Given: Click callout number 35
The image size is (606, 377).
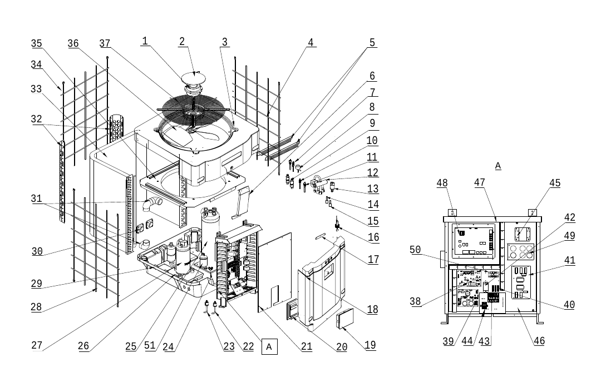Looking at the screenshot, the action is point(36,43).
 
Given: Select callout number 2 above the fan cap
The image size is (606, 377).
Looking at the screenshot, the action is point(182,42).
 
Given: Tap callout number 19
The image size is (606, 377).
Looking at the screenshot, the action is point(370,345).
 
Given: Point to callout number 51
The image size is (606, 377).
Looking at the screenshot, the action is point(150,345).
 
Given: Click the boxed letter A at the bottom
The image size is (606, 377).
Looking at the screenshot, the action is point(269,346).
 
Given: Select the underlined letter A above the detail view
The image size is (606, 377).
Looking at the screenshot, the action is point(498,166).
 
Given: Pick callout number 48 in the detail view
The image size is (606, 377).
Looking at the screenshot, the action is point(442,183).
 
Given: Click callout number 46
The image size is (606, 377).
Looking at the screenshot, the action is point(539,341).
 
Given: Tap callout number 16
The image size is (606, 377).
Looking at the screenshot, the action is point(373,237).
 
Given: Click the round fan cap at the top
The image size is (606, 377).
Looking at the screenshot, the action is point(194,77).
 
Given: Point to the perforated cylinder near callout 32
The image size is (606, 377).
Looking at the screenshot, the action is point(116,127).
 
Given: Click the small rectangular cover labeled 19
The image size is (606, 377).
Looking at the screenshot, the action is point(345,319).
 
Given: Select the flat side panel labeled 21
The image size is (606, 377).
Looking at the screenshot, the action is point(274,272).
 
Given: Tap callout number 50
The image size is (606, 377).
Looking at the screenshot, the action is point(415,250).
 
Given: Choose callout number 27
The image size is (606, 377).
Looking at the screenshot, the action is point(37,345).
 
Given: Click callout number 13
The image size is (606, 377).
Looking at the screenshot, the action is point(373,188).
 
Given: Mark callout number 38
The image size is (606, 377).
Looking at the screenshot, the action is point(415,301).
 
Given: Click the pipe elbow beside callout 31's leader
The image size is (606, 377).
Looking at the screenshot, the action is point(152,204).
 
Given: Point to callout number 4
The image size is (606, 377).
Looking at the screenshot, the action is point(311,42).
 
